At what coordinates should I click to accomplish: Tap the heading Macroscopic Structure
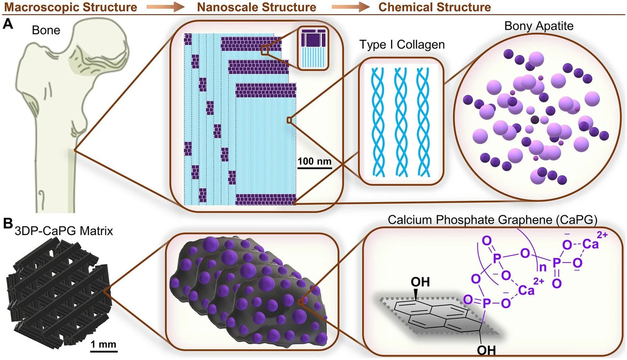[x=70, y=7]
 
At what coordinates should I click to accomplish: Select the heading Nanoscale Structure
[x=256, y=7]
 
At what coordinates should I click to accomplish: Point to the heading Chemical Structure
[x=435, y=7]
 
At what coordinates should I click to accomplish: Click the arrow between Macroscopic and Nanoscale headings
[x=165, y=7]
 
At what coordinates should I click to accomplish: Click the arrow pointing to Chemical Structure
[x=351, y=7]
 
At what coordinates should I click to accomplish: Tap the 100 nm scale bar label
[x=314, y=161]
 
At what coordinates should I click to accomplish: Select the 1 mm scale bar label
[x=103, y=344]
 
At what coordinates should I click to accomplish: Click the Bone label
[x=46, y=30]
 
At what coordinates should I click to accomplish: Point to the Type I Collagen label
[x=402, y=45]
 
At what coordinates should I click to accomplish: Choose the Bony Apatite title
[x=539, y=26]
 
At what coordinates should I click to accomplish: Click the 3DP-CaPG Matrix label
[x=64, y=231]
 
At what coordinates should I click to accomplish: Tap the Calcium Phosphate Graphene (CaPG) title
[x=493, y=220]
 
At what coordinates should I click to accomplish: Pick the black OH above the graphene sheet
[x=420, y=282]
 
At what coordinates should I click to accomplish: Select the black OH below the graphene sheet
[x=486, y=350]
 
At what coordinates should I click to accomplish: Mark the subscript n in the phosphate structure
[x=543, y=268]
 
